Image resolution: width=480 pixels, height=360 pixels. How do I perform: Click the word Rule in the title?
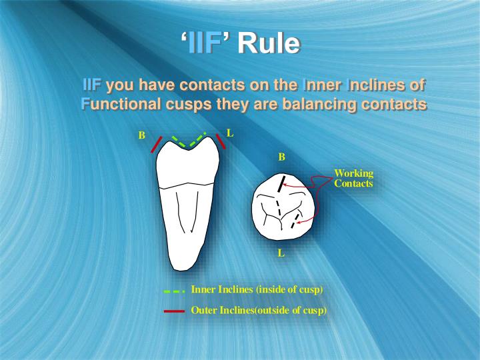click(268, 44)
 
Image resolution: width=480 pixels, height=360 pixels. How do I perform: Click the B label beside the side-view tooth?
click(141, 135)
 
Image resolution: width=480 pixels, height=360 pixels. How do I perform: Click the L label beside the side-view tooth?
click(230, 133)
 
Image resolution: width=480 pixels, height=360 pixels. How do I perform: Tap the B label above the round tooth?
click(281, 157)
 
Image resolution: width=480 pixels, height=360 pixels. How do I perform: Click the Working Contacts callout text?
click(353, 179)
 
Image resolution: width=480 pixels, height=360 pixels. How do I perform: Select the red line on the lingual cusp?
click(221, 141)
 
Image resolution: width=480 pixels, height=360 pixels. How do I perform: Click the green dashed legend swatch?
click(173, 291)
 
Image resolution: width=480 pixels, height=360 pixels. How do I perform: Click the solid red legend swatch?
click(173, 311)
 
